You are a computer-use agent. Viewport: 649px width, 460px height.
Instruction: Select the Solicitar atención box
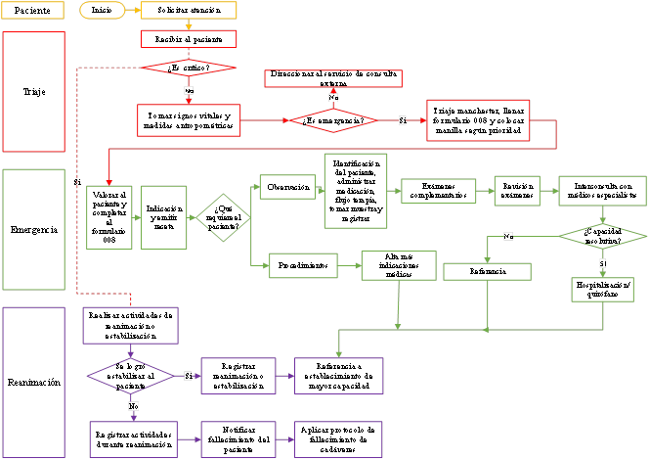[188, 11]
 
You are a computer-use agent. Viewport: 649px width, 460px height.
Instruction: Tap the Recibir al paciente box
[188, 39]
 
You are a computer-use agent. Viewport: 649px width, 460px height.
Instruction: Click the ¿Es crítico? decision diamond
[189, 68]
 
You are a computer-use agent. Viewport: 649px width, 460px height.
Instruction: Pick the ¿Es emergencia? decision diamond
[333, 120]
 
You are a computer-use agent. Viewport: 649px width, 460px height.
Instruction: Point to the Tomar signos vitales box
[189, 119]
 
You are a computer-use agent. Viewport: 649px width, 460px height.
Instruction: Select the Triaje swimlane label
[33, 91]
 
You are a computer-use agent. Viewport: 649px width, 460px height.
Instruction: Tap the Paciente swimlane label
[33, 11]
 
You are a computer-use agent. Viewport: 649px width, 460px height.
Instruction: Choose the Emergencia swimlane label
[33, 231]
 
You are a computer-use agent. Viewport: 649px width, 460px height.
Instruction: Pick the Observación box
[288, 186]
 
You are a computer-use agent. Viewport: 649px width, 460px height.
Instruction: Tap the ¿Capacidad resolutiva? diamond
[603, 236]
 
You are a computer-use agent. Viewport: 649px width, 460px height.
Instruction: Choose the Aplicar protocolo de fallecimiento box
[338, 437]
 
